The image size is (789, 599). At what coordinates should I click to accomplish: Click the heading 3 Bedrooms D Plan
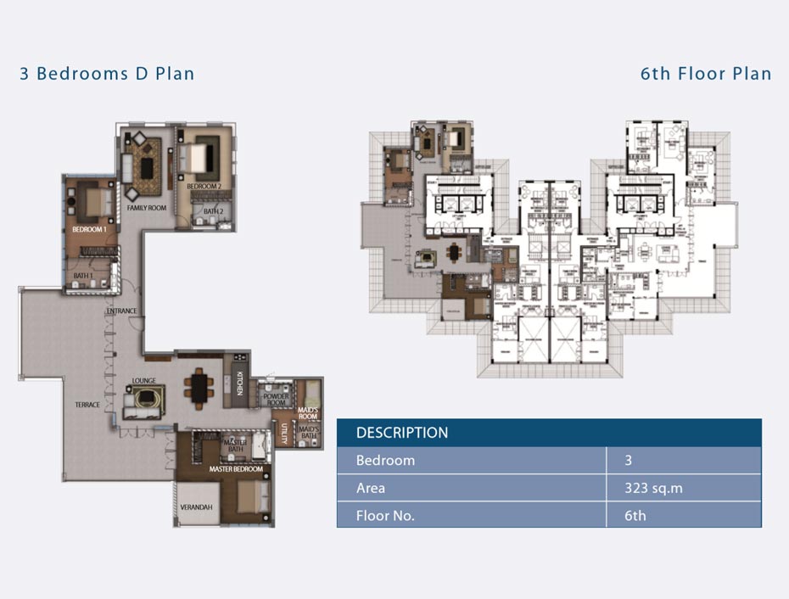click(107, 74)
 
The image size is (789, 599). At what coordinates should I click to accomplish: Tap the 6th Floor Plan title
click(705, 74)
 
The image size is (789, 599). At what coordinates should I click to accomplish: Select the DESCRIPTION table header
click(401, 433)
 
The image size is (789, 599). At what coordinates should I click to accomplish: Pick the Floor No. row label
click(385, 515)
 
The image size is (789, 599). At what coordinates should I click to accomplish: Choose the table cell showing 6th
click(635, 515)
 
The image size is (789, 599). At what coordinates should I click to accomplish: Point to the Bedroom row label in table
click(385, 461)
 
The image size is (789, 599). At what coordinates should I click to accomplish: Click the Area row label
click(371, 488)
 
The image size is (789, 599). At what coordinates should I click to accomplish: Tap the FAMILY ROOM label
click(146, 207)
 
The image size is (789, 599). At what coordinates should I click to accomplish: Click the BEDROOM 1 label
click(89, 230)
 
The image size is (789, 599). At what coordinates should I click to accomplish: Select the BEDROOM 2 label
click(204, 187)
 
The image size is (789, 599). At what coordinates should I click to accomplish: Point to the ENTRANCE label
click(121, 311)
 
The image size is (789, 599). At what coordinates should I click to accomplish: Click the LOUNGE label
click(143, 381)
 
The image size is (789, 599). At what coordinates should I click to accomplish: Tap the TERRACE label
click(87, 405)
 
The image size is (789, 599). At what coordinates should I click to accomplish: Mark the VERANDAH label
click(196, 507)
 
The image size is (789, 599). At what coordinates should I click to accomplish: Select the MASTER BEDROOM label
click(236, 468)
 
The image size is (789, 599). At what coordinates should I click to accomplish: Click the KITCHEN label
click(240, 384)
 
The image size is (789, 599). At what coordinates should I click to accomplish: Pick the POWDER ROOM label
click(276, 400)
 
